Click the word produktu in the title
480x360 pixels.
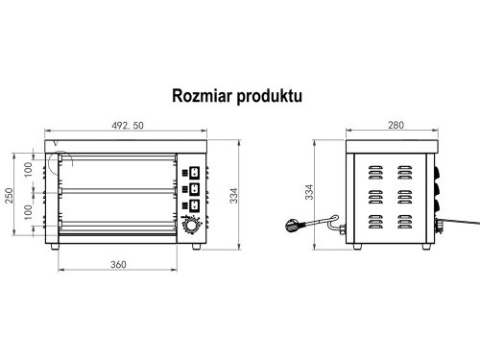273,96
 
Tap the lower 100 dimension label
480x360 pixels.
29,211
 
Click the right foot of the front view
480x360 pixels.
196,247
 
